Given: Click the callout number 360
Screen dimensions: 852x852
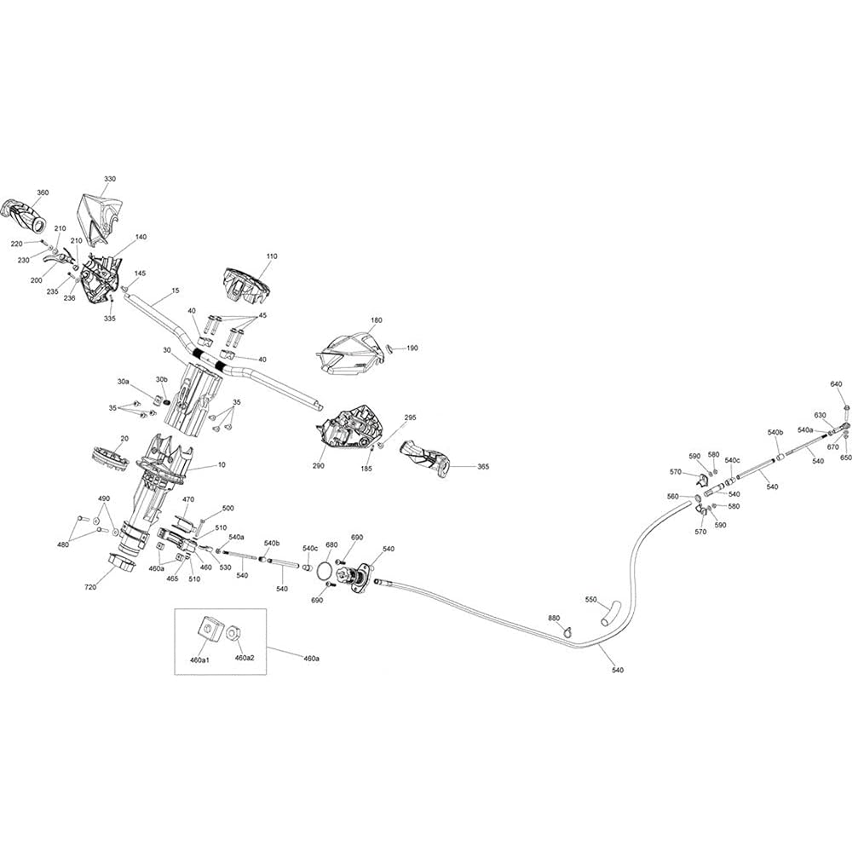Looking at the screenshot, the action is click(43, 193).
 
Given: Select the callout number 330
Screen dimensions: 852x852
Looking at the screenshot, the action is click(110, 179).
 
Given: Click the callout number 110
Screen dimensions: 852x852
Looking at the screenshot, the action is click(272, 256).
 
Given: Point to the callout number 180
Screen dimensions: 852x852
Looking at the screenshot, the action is click(376, 320).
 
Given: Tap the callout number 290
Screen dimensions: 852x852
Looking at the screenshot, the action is click(319, 466).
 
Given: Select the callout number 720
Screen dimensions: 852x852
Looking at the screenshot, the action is click(91, 587).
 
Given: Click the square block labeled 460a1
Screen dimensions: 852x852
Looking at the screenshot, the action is click(207, 629).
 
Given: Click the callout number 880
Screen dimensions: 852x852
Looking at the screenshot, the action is click(554, 619).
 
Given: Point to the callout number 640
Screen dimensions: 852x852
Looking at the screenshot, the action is click(837, 384).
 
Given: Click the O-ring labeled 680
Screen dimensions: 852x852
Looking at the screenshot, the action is click(325, 569).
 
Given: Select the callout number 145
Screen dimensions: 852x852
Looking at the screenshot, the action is click(140, 273).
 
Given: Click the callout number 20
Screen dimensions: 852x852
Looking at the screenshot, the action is click(124, 439).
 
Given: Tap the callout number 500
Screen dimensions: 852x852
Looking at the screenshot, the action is click(228, 508).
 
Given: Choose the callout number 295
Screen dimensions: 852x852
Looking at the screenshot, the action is click(411, 417).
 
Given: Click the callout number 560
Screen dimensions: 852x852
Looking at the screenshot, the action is click(673, 497).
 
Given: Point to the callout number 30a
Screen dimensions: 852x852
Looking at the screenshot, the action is click(124, 383).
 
